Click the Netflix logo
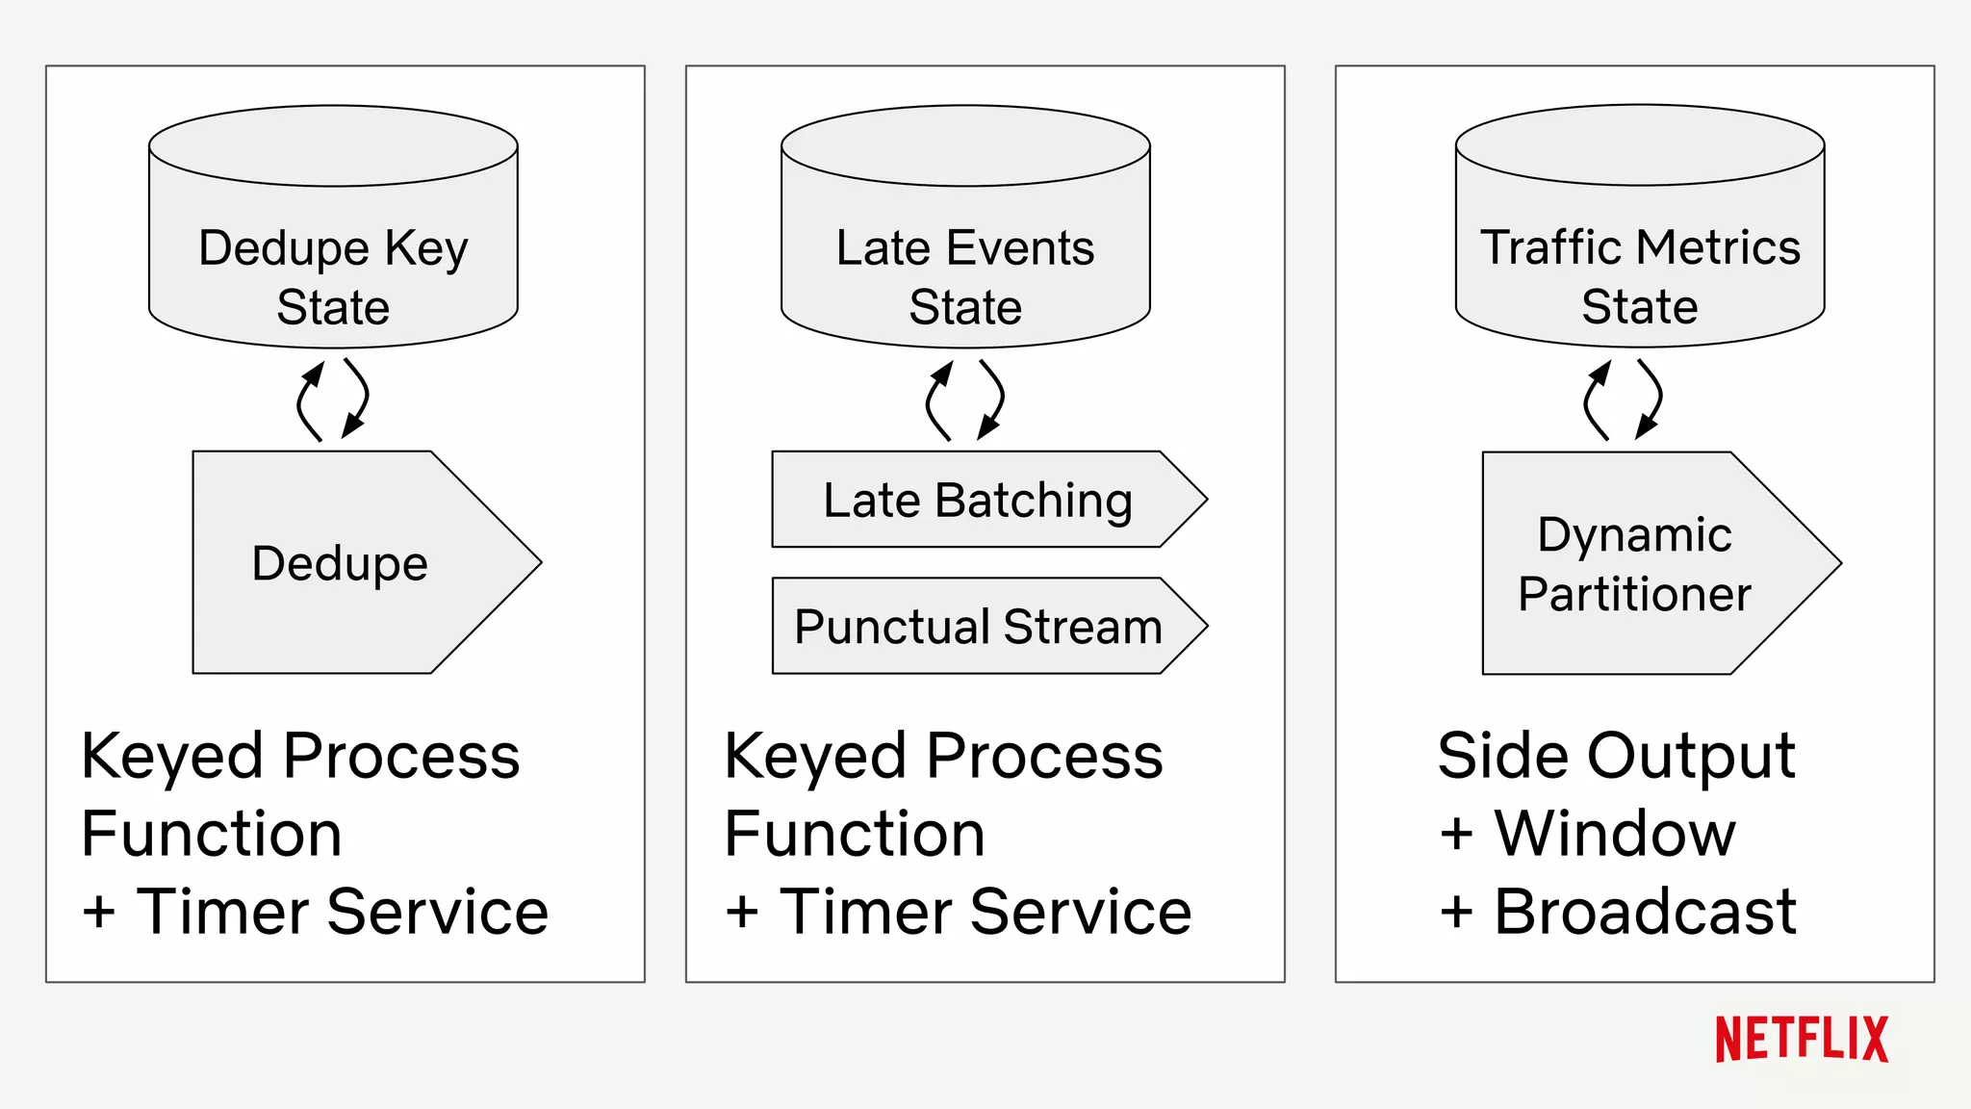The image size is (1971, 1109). point(1801,1040)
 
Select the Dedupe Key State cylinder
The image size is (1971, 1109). point(333,226)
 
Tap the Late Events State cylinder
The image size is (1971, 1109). point(965,226)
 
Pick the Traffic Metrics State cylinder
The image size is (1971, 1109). point(1640,226)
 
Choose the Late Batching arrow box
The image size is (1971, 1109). point(982,500)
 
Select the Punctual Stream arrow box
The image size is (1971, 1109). point(982,626)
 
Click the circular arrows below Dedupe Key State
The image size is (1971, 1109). point(333,400)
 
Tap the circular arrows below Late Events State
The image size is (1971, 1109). point(965,400)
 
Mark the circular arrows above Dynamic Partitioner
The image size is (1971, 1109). point(1623,400)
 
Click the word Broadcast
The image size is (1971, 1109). point(1644,911)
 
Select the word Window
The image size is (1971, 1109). point(1614,833)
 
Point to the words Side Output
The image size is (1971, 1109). point(1616,756)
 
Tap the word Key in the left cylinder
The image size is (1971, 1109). point(426,248)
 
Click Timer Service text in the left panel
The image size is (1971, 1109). point(342,911)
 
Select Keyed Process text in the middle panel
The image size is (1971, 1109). point(943,756)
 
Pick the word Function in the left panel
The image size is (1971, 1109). point(212,833)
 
